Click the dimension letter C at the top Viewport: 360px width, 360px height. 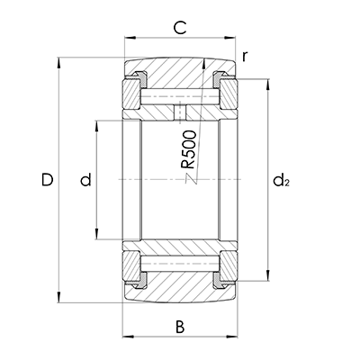[x=180, y=28]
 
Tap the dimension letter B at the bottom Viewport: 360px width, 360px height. [x=180, y=327]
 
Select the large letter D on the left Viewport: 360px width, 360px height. [x=48, y=180]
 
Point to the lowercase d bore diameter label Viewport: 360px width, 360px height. [x=85, y=180]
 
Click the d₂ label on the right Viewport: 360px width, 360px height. [x=281, y=180]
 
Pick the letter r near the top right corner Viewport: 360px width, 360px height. [x=245, y=57]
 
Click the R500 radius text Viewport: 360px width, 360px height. [x=189, y=149]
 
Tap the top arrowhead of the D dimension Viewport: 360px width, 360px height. [x=58, y=63]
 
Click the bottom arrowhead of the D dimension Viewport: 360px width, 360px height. [x=58, y=296]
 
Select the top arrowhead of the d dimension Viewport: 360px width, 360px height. [x=96, y=126]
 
